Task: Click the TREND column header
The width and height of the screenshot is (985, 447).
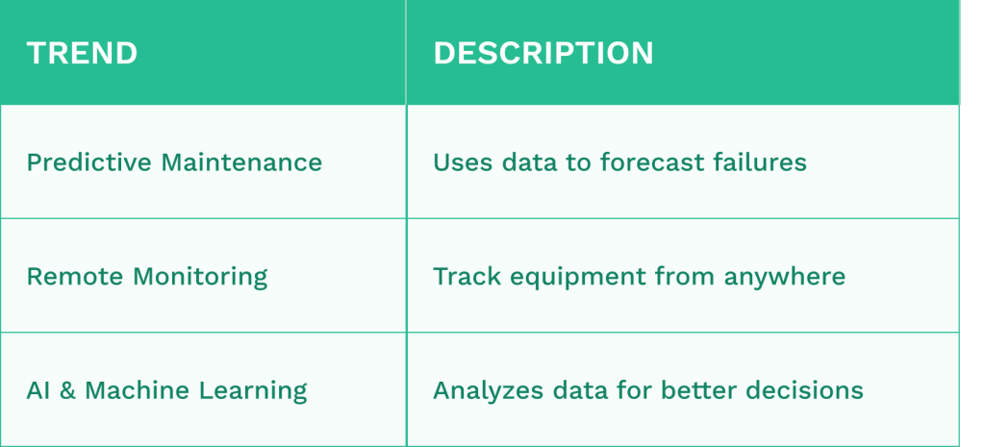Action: click(82, 53)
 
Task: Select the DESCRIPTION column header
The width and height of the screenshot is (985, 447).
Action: click(543, 53)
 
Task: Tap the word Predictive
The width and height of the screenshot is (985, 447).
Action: click(89, 162)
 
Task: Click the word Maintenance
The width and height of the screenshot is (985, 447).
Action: click(241, 162)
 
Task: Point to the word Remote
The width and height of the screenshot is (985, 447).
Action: click(75, 276)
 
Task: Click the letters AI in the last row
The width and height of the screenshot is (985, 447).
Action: click(38, 390)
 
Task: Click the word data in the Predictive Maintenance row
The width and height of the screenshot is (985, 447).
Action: click(530, 162)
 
